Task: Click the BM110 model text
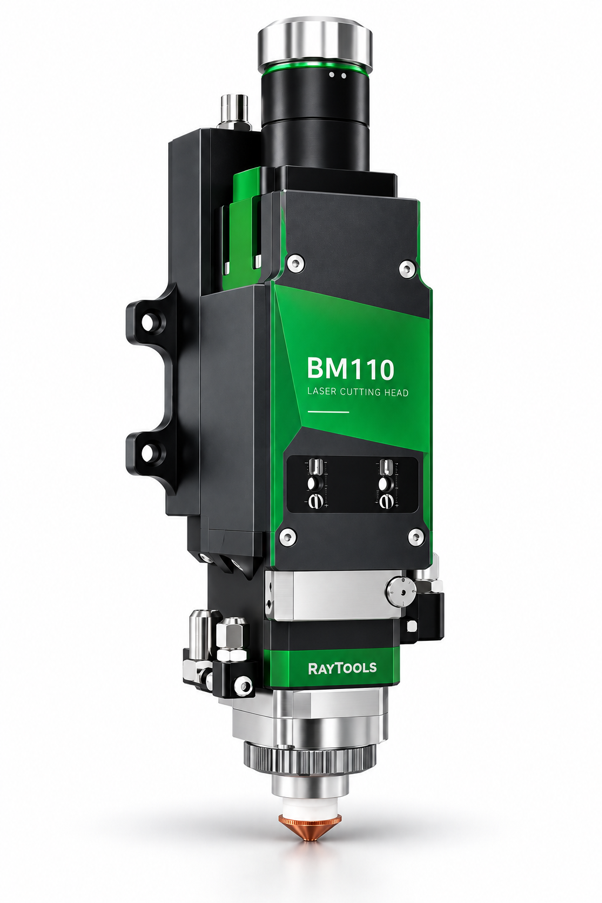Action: click(x=350, y=369)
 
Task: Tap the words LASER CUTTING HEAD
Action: click(x=357, y=392)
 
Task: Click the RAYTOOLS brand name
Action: click(x=342, y=668)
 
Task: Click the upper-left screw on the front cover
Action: click(x=295, y=262)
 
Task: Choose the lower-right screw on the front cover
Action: click(x=414, y=536)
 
